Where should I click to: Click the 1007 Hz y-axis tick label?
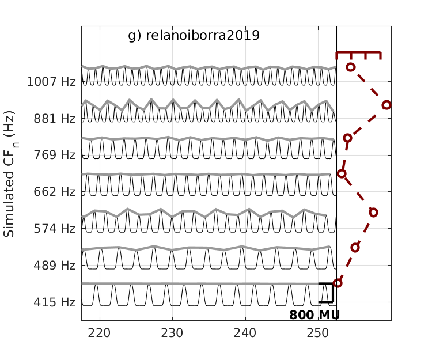point(51,82)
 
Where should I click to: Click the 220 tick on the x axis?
point(100,333)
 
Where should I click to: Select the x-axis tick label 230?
point(172,333)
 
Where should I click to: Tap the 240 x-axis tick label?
point(245,333)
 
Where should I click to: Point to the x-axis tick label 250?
point(318,333)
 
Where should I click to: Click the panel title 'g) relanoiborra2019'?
point(194,36)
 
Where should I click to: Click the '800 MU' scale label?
point(314,315)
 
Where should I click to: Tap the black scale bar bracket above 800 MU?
point(330,293)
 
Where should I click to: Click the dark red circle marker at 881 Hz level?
point(386,105)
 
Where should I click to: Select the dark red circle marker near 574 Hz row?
point(373,212)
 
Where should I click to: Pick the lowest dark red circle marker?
point(338,283)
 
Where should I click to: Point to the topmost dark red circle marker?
point(350,67)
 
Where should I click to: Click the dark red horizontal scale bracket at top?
point(358,53)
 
